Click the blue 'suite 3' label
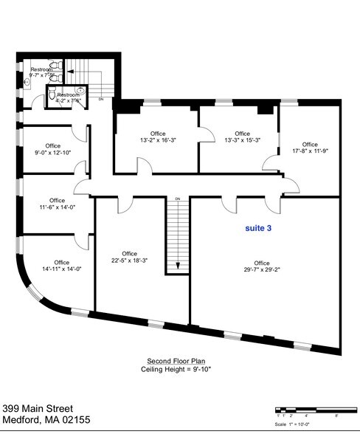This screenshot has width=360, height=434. click(258, 229)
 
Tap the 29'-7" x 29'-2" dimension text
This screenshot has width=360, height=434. click(261, 271)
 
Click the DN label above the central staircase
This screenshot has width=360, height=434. click(177, 199)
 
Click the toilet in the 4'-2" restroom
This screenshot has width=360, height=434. click(52, 96)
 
